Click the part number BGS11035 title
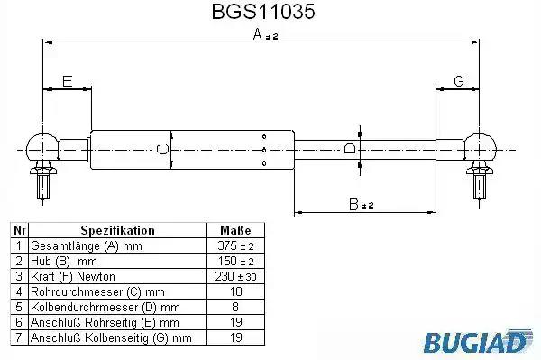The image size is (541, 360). (263, 12)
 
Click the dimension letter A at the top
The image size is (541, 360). (258, 34)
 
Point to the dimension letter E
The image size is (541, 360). (67, 81)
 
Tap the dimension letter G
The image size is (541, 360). (459, 81)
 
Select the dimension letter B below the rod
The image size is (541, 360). (353, 204)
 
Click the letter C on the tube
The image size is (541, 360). (162, 149)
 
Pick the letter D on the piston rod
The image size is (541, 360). (350, 148)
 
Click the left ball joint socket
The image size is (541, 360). (41, 147)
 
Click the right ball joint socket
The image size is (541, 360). (480, 148)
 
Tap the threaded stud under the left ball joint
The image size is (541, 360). (43, 187)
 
